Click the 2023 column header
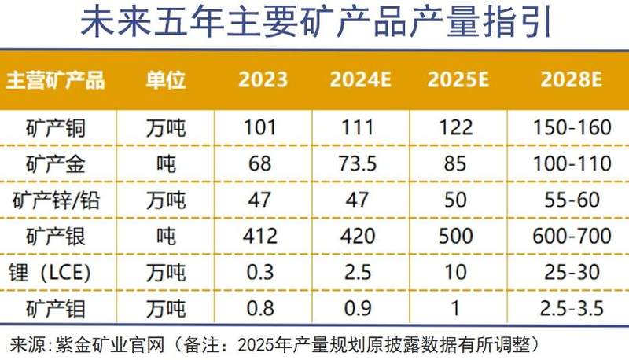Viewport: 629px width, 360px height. click(263, 80)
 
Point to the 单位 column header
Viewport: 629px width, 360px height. click(166, 80)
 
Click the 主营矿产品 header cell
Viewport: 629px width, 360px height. click(56, 80)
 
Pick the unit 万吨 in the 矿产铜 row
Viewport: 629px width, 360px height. click(166, 127)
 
